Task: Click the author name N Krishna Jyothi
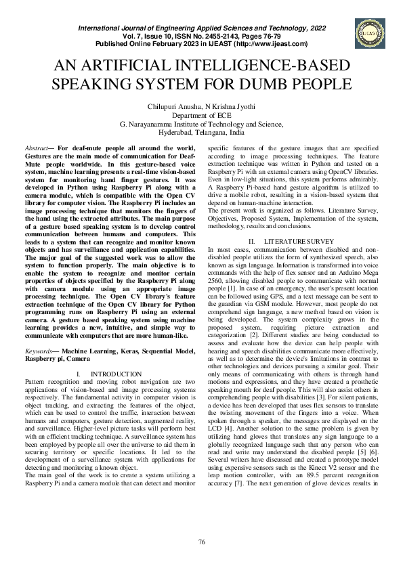click(231, 107)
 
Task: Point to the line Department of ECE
click(201, 116)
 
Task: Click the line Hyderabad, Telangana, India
click(201, 133)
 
